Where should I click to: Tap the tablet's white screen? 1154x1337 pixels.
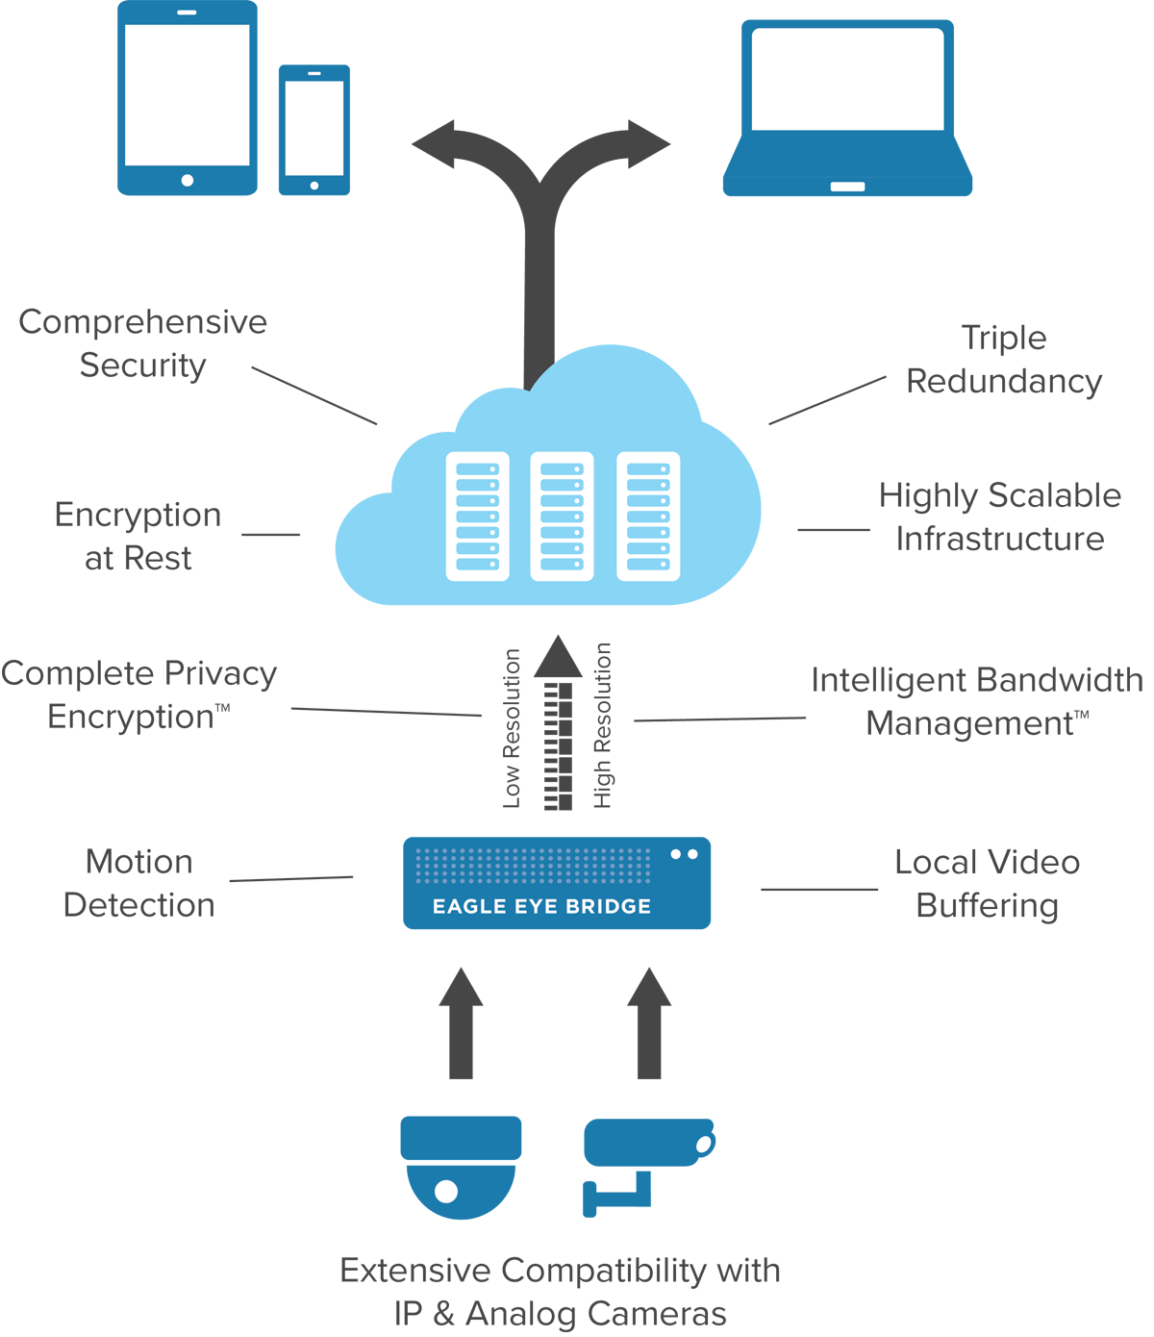pyautogui.click(x=188, y=94)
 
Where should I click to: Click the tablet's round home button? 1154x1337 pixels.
pyautogui.click(x=188, y=181)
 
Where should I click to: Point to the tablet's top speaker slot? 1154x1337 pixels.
pyautogui.click(x=188, y=13)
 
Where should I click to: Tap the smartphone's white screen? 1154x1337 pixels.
pyautogui.click(x=314, y=128)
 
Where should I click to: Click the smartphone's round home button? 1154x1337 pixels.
pyautogui.click(x=314, y=186)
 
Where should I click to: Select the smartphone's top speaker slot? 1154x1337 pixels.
pyautogui.click(x=314, y=73)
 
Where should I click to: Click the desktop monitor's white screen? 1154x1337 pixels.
pyautogui.click(x=847, y=79)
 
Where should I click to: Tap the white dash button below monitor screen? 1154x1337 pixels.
pyautogui.click(x=847, y=187)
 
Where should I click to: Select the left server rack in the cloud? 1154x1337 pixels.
pyautogui.click(x=477, y=517)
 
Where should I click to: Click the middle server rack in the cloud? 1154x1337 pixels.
pyautogui.click(x=562, y=517)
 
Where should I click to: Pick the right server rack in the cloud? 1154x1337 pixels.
pyautogui.click(x=648, y=517)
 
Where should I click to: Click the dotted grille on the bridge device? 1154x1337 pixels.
pyautogui.click(x=533, y=865)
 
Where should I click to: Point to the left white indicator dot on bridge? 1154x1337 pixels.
pyautogui.click(x=676, y=854)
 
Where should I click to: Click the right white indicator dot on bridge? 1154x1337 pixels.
pyautogui.click(x=692, y=854)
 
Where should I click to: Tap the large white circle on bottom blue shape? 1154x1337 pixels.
pyautogui.click(x=446, y=1192)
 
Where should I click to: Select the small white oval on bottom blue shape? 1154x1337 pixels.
pyautogui.click(x=703, y=1145)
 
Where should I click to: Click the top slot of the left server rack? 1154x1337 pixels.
pyautogui.click(x=477, y=468)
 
